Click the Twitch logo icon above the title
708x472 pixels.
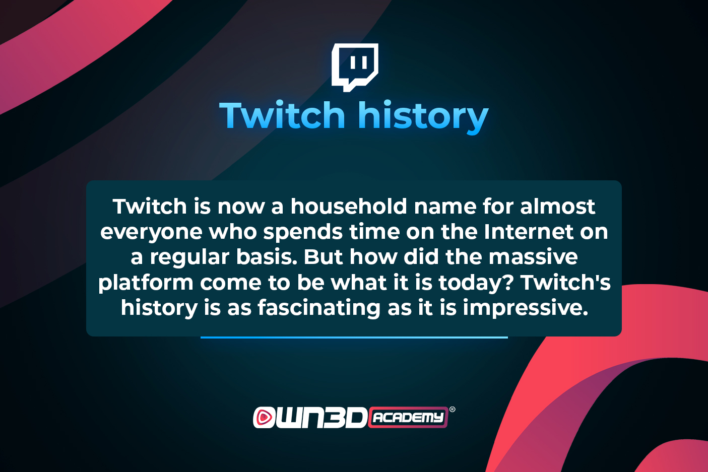[x=355, y=68]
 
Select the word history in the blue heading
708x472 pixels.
[x=423, y=117]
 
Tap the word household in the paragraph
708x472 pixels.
[x=349, y=207]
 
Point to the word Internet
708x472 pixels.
[x=528, y=232]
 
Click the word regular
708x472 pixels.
[x=189, y=258]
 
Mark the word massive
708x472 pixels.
[x=533, y=257]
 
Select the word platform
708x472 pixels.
[x=146, y=284]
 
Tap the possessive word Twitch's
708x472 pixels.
[x=565, y=282]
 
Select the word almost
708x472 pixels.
[x=557, y=207]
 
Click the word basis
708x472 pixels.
[x=268, y=257]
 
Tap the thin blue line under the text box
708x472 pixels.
[x=354, y=338]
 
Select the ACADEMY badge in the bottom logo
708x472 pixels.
[x=408, y=417]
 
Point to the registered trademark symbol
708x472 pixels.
[x=453, y=410]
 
